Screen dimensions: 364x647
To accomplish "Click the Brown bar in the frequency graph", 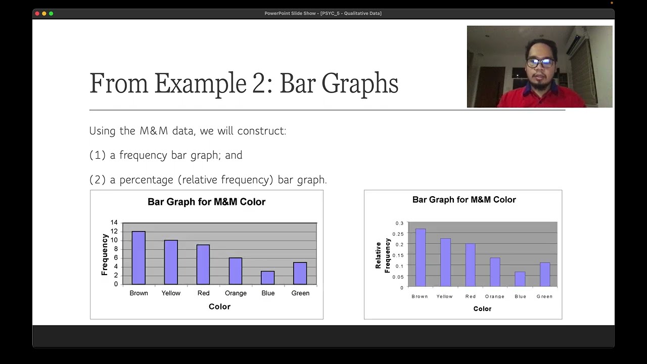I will [138, 258].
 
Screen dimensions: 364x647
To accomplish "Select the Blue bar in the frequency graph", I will [268, 278].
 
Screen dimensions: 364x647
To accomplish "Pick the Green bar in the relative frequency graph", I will [544, 275].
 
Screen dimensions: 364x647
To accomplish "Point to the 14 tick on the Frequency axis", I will [114, 222].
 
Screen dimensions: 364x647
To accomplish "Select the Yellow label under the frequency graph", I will [171, 293].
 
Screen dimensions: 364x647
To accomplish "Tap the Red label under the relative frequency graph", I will [471, 296].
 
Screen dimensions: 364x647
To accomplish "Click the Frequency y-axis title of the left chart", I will [105, 254].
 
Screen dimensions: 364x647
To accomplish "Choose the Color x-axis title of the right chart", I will [482, 308].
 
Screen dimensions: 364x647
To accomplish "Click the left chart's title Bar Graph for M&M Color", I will [206, 202].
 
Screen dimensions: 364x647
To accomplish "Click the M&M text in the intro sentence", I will [154, 131].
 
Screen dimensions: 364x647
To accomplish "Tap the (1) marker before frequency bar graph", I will [97, 155].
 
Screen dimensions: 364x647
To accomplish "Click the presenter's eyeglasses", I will [539, 63].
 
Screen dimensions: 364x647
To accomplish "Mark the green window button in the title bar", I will [51, 13].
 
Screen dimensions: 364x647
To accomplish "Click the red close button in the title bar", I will [37, 13].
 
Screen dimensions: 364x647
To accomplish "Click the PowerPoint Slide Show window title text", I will [323, 13].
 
